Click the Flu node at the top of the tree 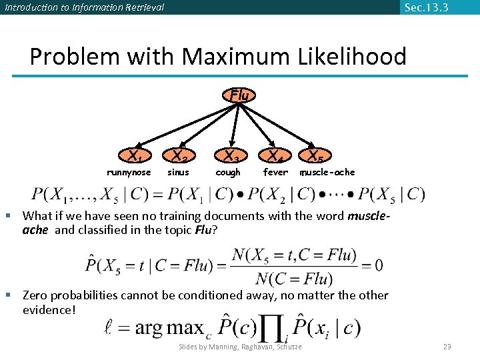pos(239,95)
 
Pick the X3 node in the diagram pos(230,157)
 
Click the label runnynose pos(129,173)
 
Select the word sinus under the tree pos(178,173)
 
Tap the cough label pos(228,173)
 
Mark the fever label pos(275,173)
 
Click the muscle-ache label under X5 pos(327,173)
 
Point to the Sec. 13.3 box pos(426,7)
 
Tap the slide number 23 pos(447,347)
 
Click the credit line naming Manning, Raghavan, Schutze pos(241,347)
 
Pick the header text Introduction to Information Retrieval pos(84,8)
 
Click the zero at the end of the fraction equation pos(378,265)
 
